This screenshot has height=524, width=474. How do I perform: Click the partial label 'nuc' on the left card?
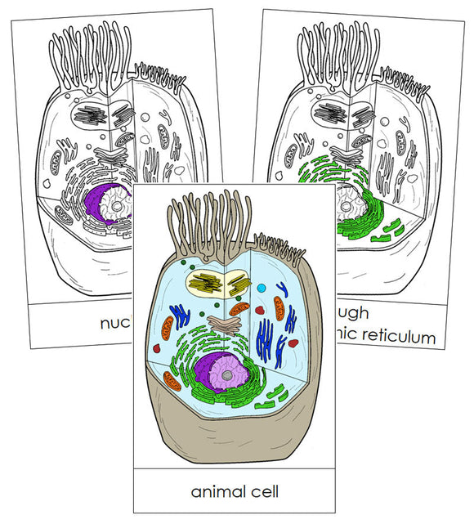[x=115, y=322]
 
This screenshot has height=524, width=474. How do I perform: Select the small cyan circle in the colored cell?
[x=262, y=289]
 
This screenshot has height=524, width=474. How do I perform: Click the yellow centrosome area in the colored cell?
[x=217, y=283]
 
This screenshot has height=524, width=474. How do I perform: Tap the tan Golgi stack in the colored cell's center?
[x=218, y=322]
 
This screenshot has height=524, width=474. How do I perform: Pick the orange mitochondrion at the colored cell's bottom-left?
[x=172, y=379]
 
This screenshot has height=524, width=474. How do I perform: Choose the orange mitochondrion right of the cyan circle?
[x=280, y=308]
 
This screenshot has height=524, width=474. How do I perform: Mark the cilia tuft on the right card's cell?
[x=334, y=53]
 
